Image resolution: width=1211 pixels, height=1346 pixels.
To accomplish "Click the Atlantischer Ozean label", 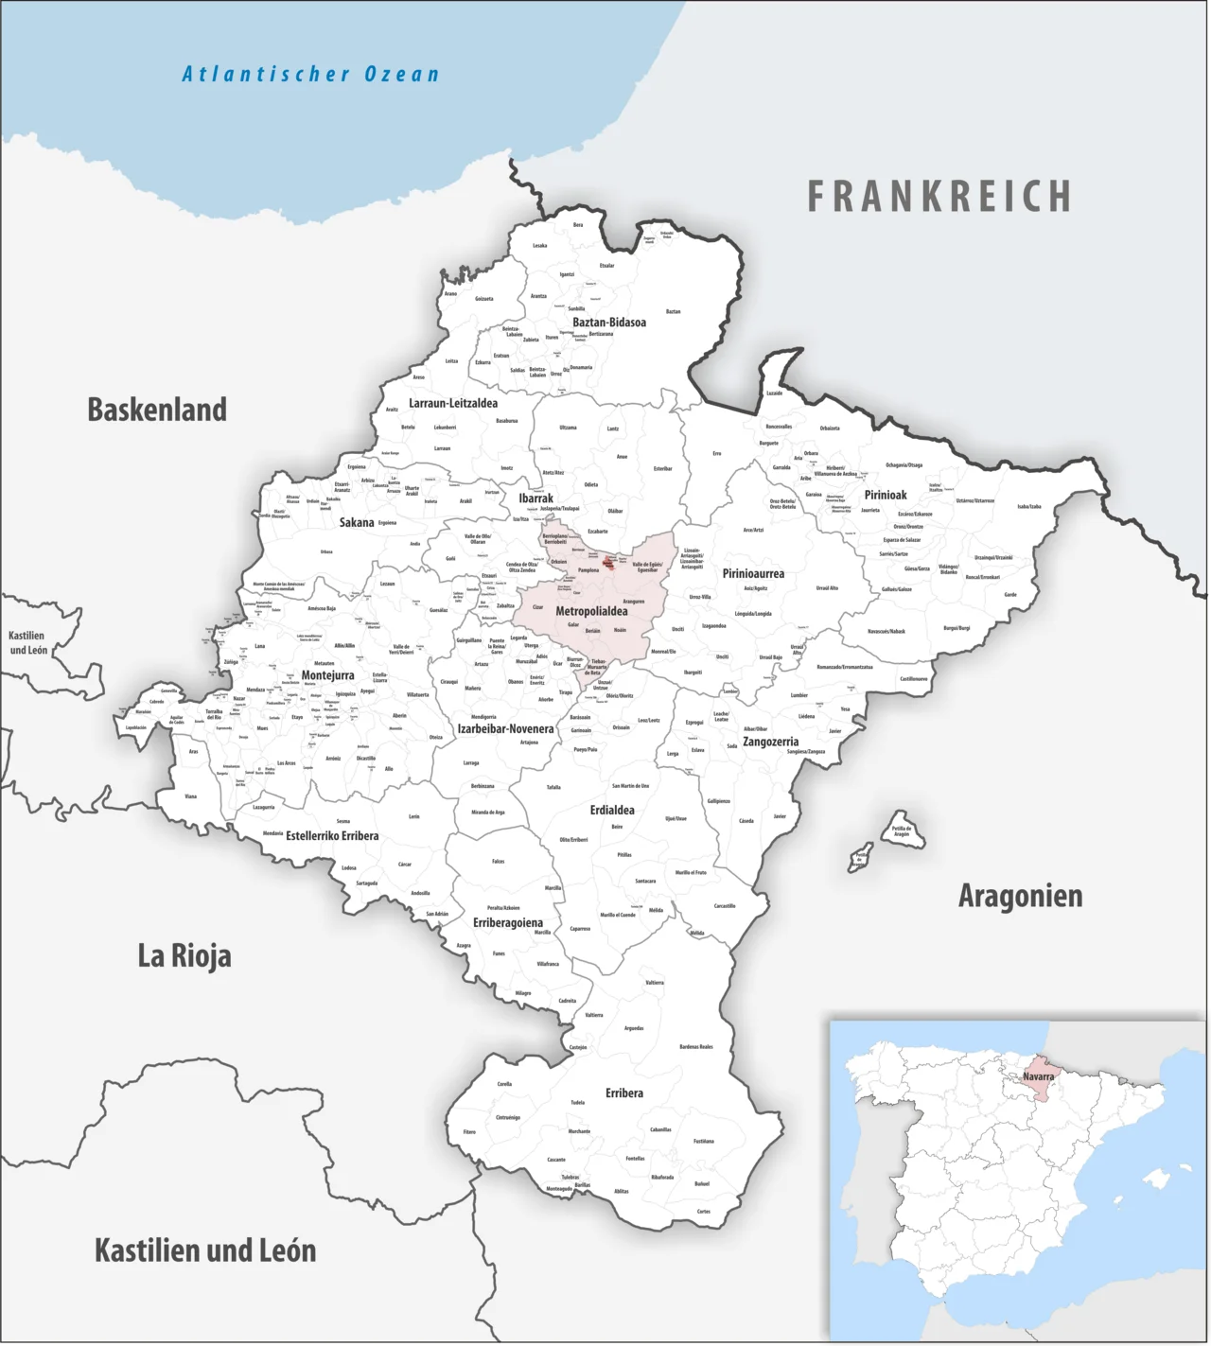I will pyautogui.click(x=310, y=74).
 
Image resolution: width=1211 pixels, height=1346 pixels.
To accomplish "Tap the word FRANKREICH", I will pyautogui.click(x=939, y=197).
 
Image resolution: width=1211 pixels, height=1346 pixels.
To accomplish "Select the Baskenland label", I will pyautogui.click(x=157, y=410).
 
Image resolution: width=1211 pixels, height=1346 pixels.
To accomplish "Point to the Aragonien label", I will pyautogui.click(x=1020, y=896).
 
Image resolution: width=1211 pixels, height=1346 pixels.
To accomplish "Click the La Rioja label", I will pyautogui.click(x=184, y=955).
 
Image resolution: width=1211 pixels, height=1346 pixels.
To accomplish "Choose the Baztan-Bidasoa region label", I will pyautogui.click(x=609, y=323).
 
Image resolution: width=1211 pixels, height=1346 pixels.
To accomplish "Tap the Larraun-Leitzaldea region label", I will pyautogui.click(x=453, y=403).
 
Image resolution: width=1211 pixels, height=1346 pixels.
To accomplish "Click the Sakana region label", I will pyautogui.click(x=357, y=522).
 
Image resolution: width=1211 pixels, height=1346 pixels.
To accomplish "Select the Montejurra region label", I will pyautogui.click(x=327, y=675).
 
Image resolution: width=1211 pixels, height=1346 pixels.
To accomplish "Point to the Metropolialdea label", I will pyautogui.click(x=591, y=611).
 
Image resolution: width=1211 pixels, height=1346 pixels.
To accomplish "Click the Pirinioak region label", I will pyautogui.click(x=886, y=495).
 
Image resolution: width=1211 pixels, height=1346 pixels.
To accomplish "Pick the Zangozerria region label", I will pyautogui.click(x=770, y=742).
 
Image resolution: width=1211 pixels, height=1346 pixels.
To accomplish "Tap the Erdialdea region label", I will pyautogui.click(x=612, y=810).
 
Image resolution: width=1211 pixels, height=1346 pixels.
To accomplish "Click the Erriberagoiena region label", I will pyautogui.click(x=508, y=922).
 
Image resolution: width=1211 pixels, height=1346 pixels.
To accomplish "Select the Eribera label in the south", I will pyautogui.click(x=624, y=1093).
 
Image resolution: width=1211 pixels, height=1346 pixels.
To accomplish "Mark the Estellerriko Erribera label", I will pyautogui.click(x=332, y=836).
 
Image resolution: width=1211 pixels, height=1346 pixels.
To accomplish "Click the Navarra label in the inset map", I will pyautogui.click(x=1038, y=1076).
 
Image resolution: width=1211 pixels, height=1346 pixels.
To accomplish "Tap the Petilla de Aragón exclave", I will pyautogui.click(x=901, y=830).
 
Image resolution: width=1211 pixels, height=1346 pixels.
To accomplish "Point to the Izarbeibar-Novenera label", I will pyautogui.click(x=505, y=728).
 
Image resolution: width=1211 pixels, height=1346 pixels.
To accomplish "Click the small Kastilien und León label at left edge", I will pyautogui.click(x=28, y=643).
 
